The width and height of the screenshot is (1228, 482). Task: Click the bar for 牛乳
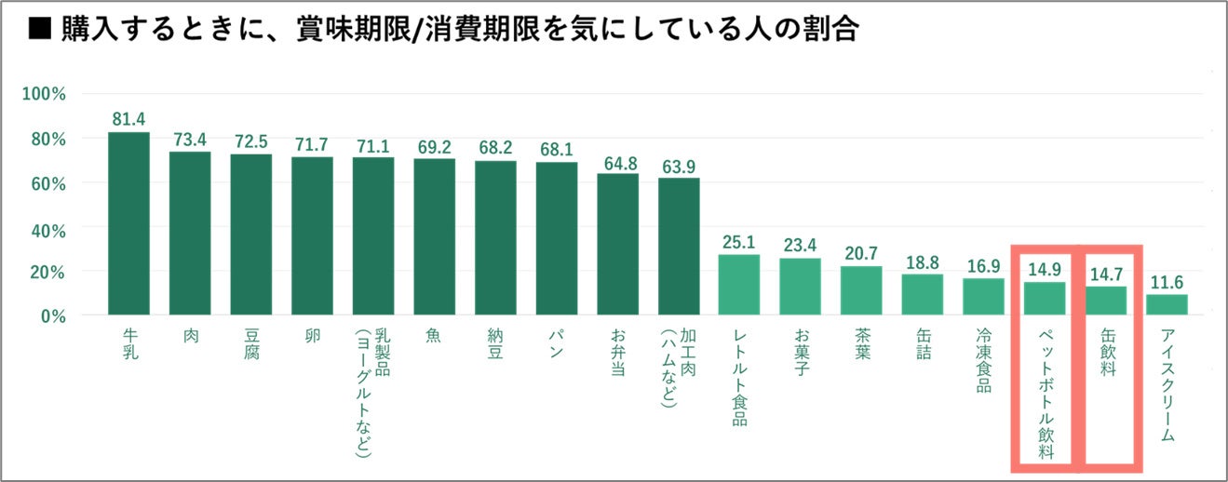(128, 223)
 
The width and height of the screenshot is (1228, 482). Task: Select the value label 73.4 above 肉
(190, 140)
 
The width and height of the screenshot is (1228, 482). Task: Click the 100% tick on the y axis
(44, 95)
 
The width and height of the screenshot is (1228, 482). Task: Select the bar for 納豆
(495, 237)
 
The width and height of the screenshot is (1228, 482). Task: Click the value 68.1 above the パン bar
(557, 150)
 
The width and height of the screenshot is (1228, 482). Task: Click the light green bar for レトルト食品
(739, 285)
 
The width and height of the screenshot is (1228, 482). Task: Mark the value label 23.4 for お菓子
(801, 246)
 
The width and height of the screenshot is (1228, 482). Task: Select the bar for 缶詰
(923, 294)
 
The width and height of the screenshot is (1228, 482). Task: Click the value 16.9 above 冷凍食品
(984, 266)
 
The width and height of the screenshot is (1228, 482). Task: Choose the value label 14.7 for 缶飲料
(1106, 274)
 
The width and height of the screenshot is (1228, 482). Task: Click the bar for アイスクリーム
(1167, 304)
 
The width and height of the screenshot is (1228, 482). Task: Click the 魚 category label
(435, 334)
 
